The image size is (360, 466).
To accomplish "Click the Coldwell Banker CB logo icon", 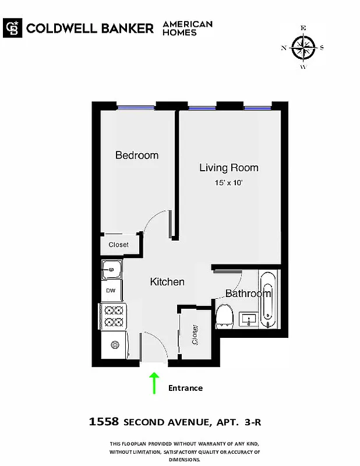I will click(12, 28).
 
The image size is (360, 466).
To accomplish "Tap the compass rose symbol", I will click(303, 47).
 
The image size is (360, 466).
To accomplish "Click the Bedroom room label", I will click(137, 156).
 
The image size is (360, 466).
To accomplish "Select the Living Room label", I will click(229, 168).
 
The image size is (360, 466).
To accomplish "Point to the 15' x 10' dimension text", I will click(229, 183).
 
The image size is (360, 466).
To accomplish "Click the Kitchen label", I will click(167, 282).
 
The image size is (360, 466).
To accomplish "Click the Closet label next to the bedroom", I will click(119, 245).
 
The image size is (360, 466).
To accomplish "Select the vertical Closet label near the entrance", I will click(195, 336).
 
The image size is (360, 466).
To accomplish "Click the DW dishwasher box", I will click(111, 290).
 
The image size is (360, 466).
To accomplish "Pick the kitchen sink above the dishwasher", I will click(111, 270).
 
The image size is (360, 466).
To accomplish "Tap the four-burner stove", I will click(112, 316).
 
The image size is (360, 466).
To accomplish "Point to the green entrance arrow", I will click(154, 383).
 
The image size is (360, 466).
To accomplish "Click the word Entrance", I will click(185, 388).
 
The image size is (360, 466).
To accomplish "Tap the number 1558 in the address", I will click(104, 421).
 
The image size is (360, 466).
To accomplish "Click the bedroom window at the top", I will click(136, 107).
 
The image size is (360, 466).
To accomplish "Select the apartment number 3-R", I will click(257, 421).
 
